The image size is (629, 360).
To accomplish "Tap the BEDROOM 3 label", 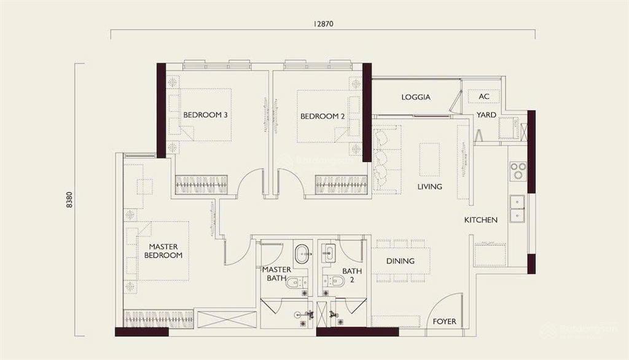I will point(205,115).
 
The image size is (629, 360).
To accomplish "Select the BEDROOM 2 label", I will point(320,116).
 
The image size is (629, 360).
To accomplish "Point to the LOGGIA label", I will point(416,97).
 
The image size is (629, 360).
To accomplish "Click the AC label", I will point(484,97).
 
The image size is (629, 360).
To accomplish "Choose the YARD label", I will point(486,115).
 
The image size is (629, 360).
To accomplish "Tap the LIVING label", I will point(429,187).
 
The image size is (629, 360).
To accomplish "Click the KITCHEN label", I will point(480,220).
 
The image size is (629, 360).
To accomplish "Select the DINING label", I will point(400,261).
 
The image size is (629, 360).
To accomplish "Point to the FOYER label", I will point(444,321).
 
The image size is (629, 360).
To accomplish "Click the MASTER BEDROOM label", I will point(163,251).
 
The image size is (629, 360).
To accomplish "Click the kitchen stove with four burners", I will point(518,170).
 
